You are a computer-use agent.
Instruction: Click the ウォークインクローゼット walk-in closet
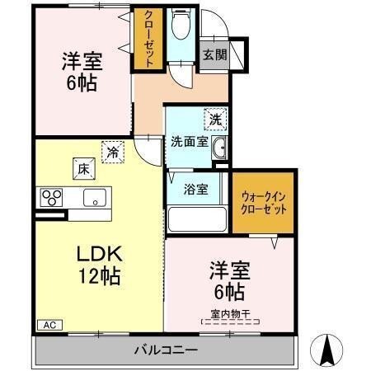[x=265, y=203]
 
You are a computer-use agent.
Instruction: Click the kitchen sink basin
[x=94, y=198]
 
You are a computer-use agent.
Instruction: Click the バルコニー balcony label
[x=166, y=350]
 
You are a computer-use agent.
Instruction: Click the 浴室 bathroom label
[x=195, y=189]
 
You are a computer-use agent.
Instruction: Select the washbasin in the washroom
[x=219, y=148]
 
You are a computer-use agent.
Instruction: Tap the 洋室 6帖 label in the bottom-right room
[x=230, y=281]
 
